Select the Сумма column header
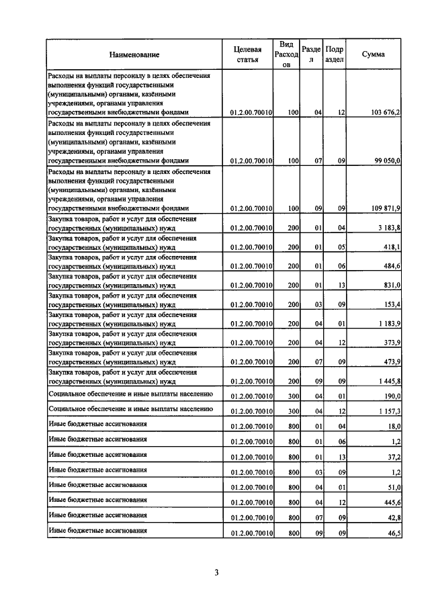(x=373, y=54)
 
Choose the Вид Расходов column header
(x=286, y=54)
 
